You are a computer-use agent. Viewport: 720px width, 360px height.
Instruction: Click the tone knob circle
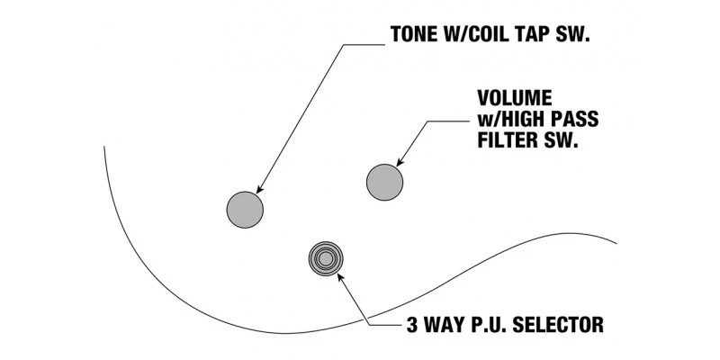click(x=244, y=210)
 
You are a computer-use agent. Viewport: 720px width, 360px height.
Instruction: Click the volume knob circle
click(x=384, y=183)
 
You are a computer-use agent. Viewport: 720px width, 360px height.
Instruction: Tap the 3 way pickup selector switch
click(x=326, y=259)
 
